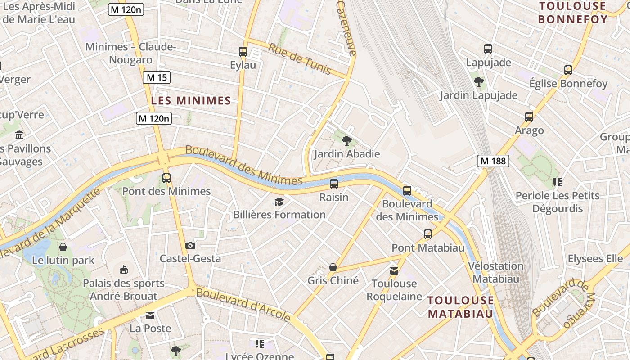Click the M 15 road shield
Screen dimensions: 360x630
[x=157, y=77]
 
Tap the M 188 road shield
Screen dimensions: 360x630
[x=493, y=161]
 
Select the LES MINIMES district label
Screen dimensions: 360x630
[x=191, y=101]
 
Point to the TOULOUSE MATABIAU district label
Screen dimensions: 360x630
[x=460, y=306]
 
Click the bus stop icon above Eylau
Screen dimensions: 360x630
[x=243, y=52]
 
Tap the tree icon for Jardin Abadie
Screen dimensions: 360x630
[x=346, y=141]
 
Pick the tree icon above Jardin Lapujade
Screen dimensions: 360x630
[x=479, y=82]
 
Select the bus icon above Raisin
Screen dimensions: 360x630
[x=334, y=184]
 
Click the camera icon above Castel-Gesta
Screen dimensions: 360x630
[x=190, y=245]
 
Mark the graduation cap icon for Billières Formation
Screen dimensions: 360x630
[x=279, y=202]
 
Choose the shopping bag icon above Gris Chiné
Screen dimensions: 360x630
[x=333, y=267]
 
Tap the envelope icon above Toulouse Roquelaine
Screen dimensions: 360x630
[x=394, y=270]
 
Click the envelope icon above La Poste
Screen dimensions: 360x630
[x=150, y=315]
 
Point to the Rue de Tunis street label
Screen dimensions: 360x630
[x=299, y=59]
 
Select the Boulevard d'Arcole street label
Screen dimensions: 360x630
[x=243, y=305]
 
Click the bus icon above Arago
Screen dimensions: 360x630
[x=529, y=117]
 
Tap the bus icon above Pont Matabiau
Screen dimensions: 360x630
[x=428, y=234]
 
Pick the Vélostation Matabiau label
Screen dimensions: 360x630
[x=496, y=272]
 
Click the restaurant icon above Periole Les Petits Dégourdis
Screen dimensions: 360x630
[x=557, y=182]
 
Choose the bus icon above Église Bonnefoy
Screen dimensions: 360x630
[x=568, y=70]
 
